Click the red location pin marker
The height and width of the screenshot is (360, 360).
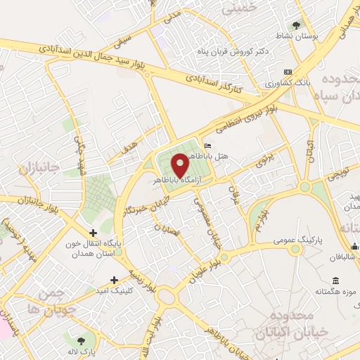[181, 165]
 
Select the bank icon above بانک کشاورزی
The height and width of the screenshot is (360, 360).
[287, 72]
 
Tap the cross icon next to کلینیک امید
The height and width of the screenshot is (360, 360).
[115, 280]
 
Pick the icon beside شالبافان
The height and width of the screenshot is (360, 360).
[355, 246]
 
